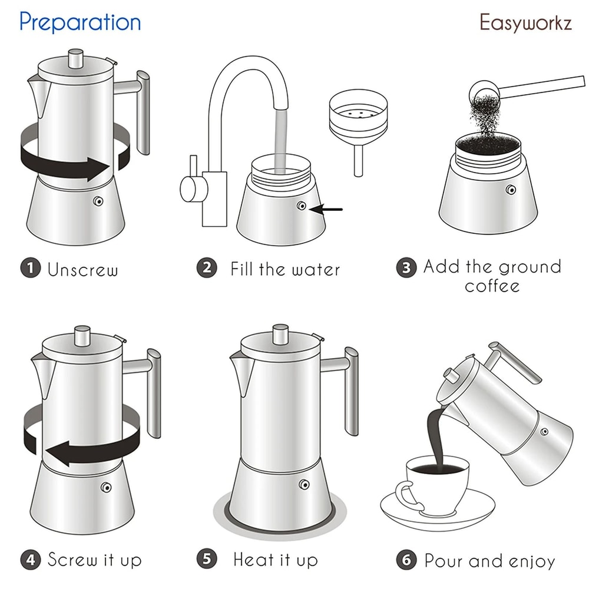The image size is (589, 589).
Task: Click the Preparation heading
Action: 80,22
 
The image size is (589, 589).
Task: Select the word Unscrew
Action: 82,270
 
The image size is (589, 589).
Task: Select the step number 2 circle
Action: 206,269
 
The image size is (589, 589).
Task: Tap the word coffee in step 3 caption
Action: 492,286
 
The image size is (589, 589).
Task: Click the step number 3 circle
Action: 406,269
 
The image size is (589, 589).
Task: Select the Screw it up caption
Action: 94,559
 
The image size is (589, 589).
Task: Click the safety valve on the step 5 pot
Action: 305,484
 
